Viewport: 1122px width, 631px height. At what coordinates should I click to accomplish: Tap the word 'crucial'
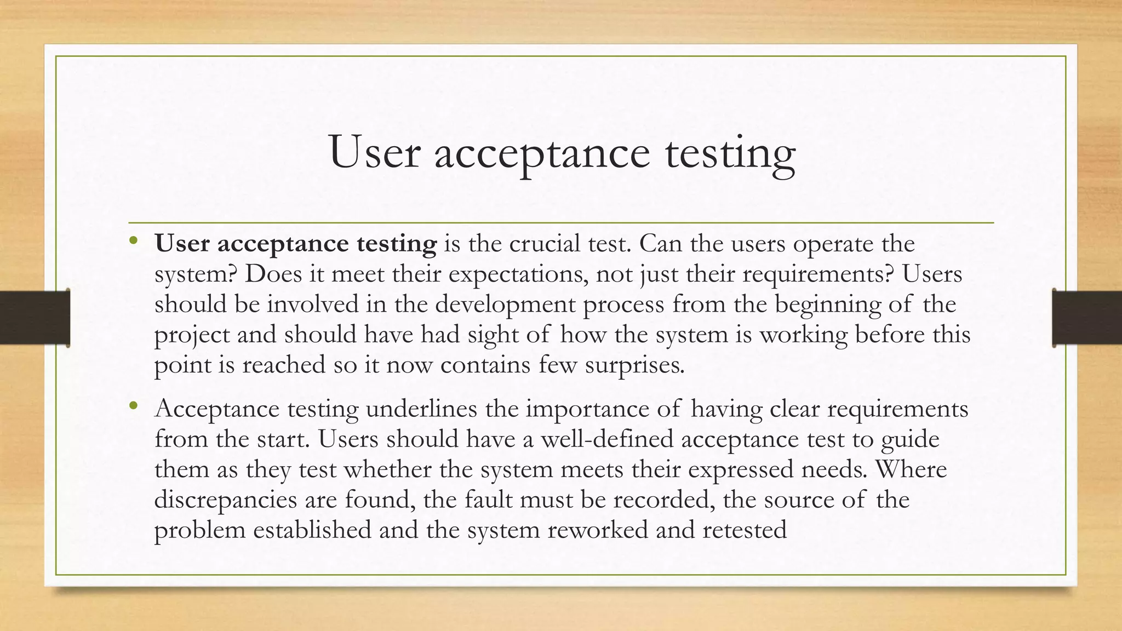[545, 244]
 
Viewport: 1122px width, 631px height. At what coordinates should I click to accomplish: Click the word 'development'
[505, 305]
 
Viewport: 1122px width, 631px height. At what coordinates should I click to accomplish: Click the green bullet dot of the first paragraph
[134, 240]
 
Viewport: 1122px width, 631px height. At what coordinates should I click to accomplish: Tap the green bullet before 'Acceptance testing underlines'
[134, 406]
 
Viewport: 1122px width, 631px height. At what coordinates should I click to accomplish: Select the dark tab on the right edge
[1087, 318]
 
